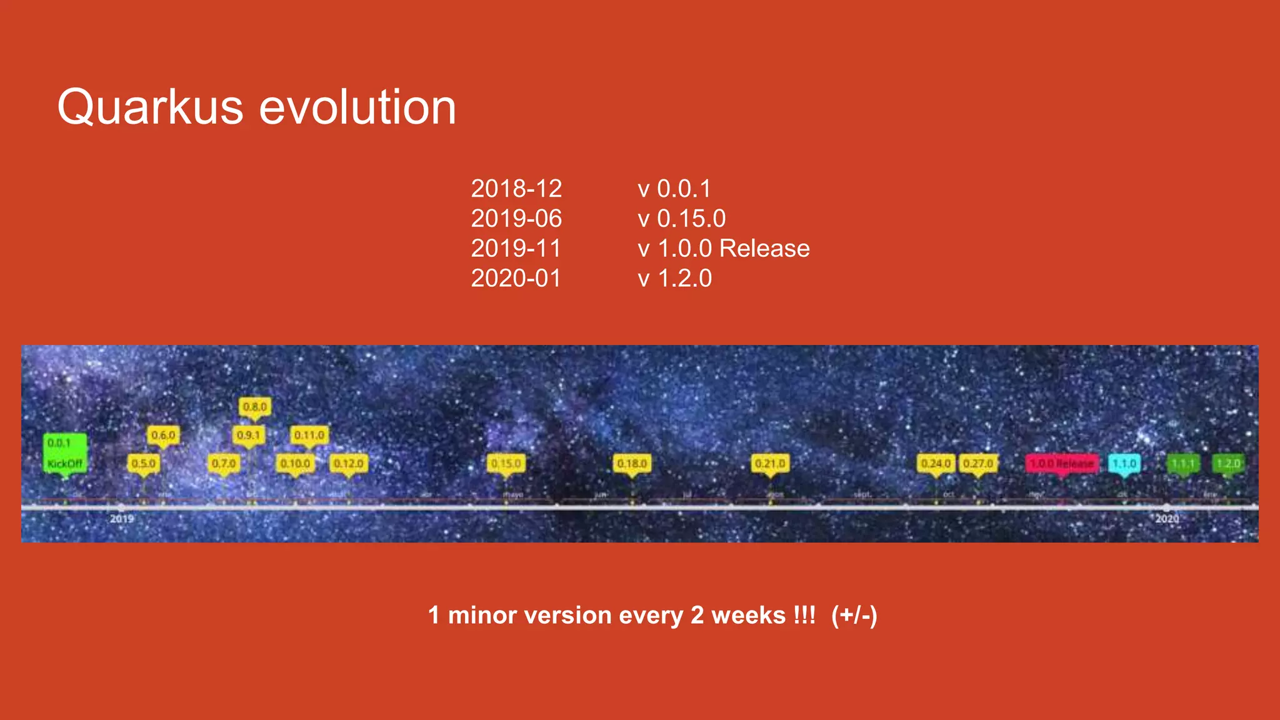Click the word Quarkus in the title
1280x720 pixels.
[x=150, y=107]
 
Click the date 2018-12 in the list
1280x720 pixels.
[x=516, y=189]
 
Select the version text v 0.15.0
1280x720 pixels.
[x=681, y=219]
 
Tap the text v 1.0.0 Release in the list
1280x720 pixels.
[x=723, y=249]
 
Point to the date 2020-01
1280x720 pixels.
[x=516, y=279]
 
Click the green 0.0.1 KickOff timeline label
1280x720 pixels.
[x=64, y=453]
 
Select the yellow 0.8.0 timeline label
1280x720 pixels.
[x=254, y=407]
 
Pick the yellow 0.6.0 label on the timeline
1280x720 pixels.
[x=163, y=435]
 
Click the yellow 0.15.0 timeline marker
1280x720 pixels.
[x=506, y=464]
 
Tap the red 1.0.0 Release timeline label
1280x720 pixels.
[x=1061, y=464]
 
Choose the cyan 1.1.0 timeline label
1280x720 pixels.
[x=1124, y=464]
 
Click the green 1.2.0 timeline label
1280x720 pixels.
[x=1228, y=464]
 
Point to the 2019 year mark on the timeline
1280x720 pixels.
[x=121, y=519]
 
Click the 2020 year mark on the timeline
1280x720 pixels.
[x=1167, y=519]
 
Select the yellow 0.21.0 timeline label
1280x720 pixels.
[x=770, y=464]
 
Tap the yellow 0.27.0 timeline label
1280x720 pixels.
[x=978, y=464]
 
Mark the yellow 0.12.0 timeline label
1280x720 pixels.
[x=348, y=464]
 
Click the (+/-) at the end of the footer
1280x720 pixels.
[x=854, y=616]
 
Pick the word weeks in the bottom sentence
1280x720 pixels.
[x=748, y=616]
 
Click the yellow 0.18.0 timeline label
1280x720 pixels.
[x=632, y=464]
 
